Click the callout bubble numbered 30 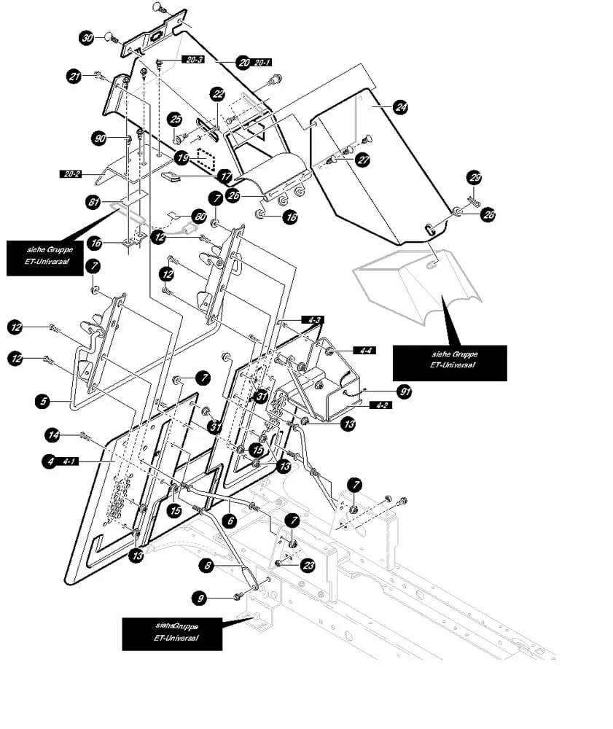click(87, 38)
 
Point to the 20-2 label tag click(71, 174)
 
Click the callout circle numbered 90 click(100, 137)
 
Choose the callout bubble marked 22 click(218, 93)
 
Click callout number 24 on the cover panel click(400, 106)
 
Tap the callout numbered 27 click(363, 160)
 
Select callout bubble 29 click(475, 178)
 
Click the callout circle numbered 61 click(93, 203)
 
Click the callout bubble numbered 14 click(52, 435)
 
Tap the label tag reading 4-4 click(363, 351)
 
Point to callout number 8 click(207, 564)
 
